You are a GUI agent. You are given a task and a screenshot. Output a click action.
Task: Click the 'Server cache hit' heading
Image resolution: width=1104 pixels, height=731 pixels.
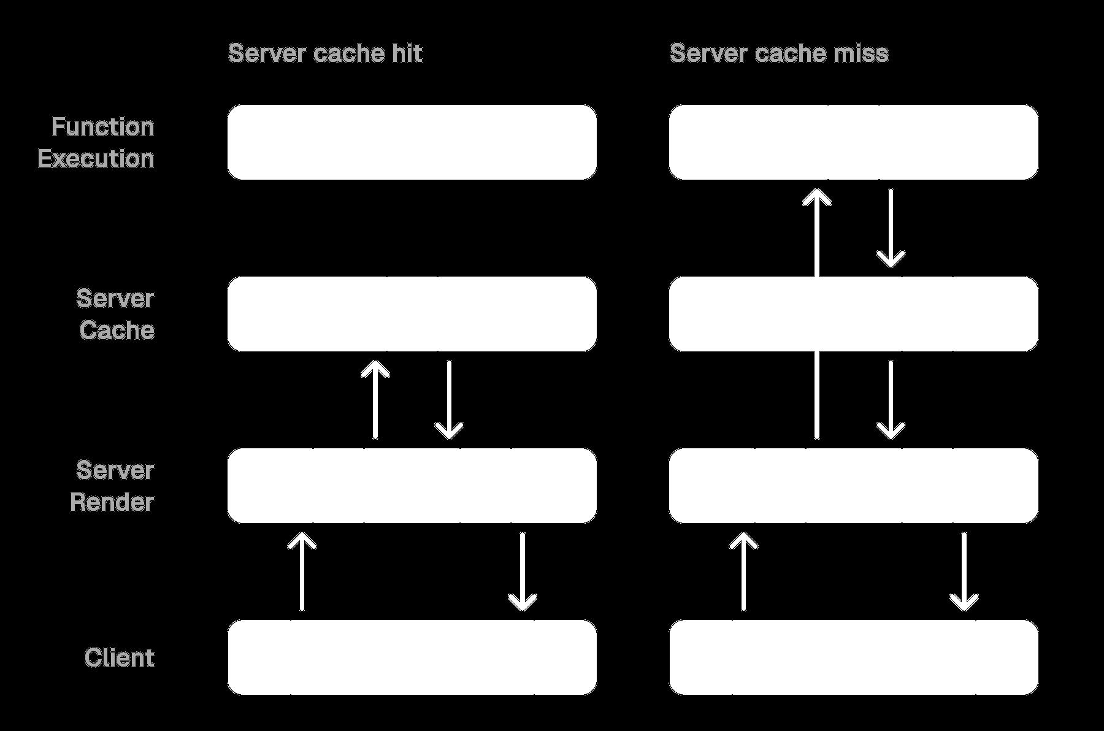325,53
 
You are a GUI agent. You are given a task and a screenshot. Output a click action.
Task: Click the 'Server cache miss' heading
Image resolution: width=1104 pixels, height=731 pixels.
778,53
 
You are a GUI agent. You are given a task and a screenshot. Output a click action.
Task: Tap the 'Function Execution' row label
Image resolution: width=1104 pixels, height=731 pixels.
96,142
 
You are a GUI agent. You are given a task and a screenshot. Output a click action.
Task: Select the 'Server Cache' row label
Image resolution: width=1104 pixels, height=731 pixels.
116,314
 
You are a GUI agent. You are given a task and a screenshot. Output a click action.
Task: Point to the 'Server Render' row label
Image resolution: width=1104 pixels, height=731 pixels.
112,486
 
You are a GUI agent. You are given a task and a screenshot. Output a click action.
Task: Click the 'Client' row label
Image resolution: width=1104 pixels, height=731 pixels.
120,657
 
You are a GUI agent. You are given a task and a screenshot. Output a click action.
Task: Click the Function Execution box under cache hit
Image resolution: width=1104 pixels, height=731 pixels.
412,142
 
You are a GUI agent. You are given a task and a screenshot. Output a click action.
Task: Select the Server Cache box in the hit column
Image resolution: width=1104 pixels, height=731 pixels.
412,314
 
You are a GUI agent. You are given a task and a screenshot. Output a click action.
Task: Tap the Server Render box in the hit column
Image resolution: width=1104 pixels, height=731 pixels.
412,486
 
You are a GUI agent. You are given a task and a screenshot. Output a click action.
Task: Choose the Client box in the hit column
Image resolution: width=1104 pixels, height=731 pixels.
412,657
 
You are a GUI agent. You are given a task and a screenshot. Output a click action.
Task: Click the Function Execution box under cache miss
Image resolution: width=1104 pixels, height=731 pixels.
853,142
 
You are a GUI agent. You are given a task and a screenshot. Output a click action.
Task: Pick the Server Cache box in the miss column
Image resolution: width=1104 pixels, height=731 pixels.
853,314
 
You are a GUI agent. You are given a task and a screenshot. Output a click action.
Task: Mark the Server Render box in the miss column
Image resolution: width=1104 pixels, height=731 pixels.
853,486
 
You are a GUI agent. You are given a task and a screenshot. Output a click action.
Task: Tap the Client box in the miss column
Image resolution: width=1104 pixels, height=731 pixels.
853,657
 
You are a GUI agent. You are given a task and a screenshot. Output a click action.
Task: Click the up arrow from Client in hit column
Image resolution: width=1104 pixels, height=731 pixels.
302,572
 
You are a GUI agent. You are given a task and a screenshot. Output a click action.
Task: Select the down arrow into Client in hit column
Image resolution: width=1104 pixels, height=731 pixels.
523,572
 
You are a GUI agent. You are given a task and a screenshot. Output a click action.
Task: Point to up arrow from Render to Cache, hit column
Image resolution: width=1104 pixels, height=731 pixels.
375,400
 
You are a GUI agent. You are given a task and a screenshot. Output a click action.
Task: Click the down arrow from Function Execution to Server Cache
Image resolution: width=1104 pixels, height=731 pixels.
891,228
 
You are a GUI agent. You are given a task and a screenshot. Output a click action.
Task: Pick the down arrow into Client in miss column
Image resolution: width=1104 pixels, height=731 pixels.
964,572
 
